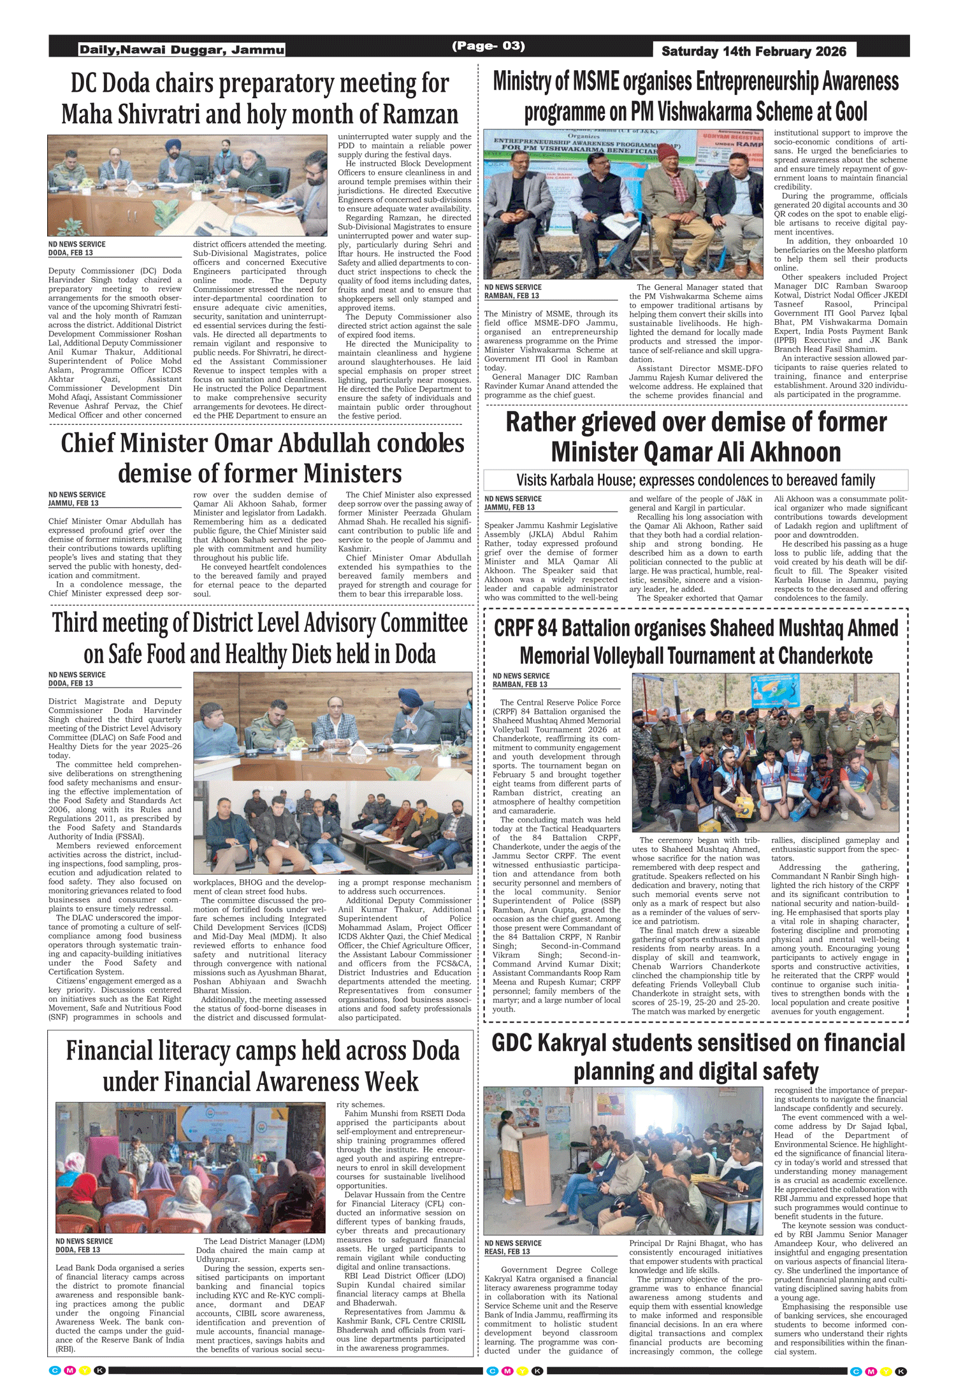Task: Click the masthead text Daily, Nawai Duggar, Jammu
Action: point(182,50)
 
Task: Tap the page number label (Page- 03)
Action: point(488,46)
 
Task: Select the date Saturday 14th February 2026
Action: point(754,52)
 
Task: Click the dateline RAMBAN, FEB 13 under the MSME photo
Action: point(511,296)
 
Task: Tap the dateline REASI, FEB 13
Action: point(507,1251)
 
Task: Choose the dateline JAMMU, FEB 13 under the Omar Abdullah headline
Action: point(73,503)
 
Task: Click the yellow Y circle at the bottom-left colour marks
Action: point(84,1371)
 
